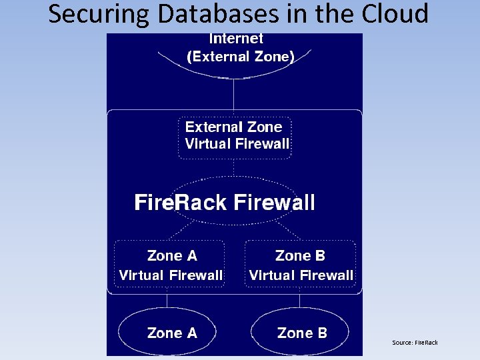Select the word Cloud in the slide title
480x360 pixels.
coord(393,13)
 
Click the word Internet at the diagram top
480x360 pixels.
coord(236,39)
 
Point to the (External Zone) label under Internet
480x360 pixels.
coord(241,57)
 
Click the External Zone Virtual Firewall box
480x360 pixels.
coord(235,137)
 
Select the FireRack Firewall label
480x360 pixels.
coord(225,203)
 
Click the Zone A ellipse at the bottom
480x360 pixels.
coord(172,333)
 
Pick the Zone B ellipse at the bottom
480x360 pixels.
coord(301,333)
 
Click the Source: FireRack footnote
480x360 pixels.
coord(415,343)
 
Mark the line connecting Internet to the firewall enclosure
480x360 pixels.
coord(233,94)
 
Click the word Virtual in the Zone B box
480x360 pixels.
coord(273,275)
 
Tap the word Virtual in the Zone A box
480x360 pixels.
coord(142,275)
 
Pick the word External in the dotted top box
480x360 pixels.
coord(213,127)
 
